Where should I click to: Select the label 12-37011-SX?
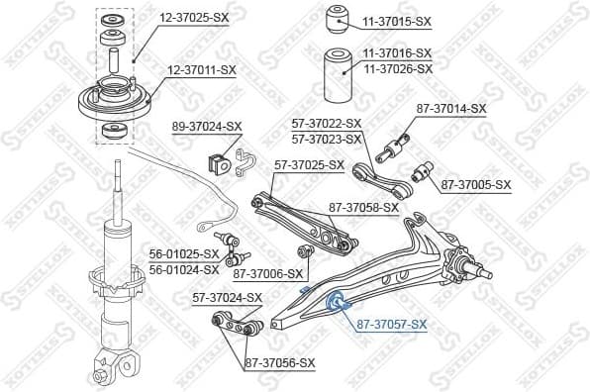201,69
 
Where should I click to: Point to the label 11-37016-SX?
397,53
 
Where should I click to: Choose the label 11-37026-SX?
397,68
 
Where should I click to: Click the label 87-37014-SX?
450,108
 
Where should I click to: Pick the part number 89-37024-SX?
206,126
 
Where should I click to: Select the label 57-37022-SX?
327,124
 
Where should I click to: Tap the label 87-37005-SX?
475,184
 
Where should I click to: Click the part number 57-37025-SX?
309,165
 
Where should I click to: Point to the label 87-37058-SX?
363,208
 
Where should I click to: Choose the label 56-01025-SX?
184,253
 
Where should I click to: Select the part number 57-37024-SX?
227,297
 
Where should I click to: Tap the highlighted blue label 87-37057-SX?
391,324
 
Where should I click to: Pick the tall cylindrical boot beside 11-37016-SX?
338,73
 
